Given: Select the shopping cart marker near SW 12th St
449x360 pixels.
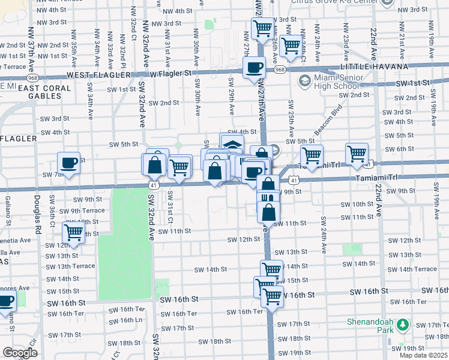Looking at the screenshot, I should tap(73, 233).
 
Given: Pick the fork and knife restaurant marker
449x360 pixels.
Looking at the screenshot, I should tap(268, 199).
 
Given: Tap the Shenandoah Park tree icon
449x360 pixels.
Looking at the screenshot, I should tap(402, 325).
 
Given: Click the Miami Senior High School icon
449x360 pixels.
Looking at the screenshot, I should tap(304, 80).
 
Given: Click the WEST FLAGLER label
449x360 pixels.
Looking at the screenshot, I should tap(98, 75).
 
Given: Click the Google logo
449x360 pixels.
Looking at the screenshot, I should tap(20, 353).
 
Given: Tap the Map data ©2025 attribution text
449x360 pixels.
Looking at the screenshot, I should tap(423, 355).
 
